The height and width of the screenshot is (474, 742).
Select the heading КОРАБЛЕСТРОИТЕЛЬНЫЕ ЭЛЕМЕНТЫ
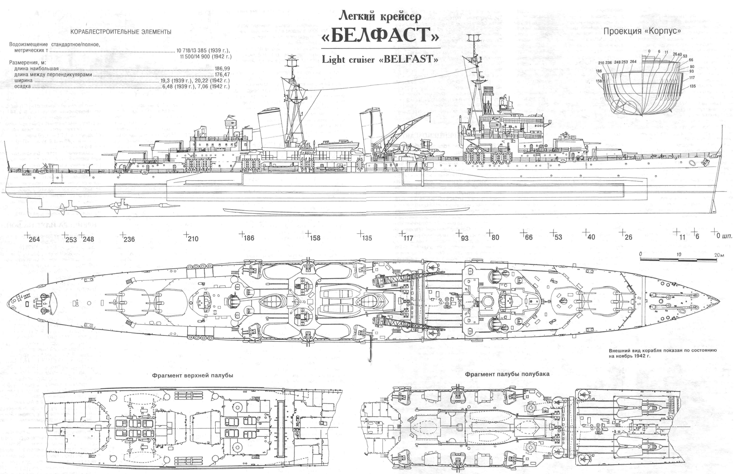121,32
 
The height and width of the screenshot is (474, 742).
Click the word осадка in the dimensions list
22,86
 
